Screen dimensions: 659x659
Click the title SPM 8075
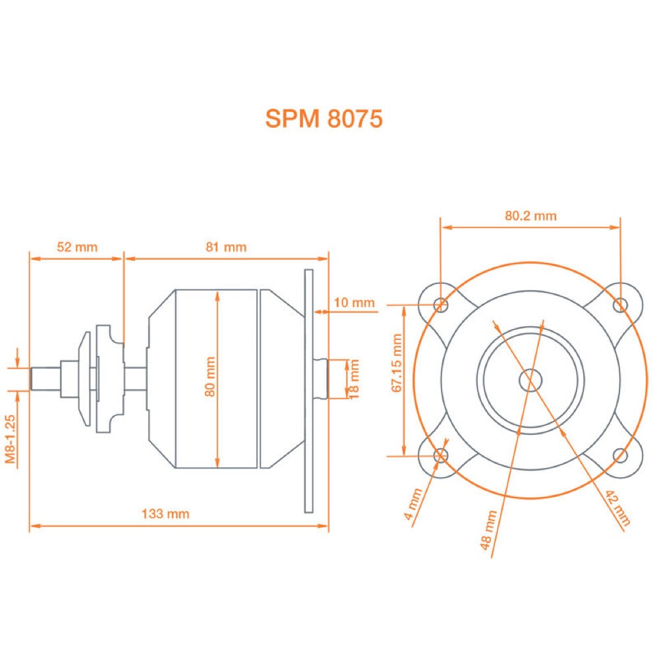tap(323, 118)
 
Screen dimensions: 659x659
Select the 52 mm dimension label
tap(77, 247)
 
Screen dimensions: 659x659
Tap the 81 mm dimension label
tap(226, 247)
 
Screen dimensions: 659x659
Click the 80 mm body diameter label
tap(210, 377)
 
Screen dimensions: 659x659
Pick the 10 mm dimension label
tap(354, 302)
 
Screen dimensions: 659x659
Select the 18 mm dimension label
tap(355, 379)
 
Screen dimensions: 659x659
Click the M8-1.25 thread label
tap(11, 441)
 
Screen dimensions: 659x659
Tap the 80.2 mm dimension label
tap(530, 215)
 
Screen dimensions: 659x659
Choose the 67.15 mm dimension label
tap(396, 363)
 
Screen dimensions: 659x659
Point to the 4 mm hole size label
tap(413, 504)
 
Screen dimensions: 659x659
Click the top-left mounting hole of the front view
tap(442, 304)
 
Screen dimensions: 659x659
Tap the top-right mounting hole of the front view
tap(619, 304)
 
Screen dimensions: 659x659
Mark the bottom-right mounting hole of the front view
tap(619, 454)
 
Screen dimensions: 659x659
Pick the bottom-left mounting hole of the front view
tap(442, 455)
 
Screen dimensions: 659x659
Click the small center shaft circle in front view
tap(530, 380)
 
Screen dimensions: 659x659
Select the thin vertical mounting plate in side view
tap(308, 391)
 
